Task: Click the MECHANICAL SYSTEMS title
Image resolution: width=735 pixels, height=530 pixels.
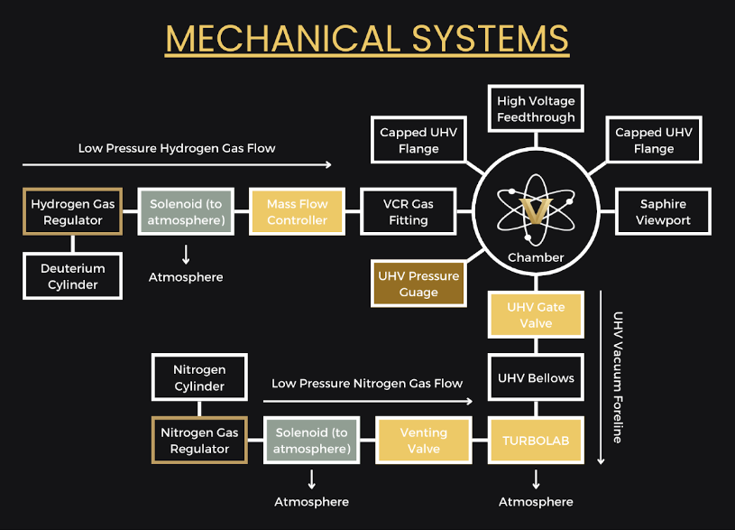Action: (x=367, y=39)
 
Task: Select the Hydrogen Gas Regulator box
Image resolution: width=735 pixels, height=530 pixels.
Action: (x=73, y=212)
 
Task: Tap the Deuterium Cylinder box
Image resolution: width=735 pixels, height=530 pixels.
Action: (x=73, y=276)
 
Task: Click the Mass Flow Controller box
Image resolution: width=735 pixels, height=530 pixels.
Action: (x=297, y=212)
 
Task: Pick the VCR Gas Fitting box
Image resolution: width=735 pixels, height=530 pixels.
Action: (x=408, y=212)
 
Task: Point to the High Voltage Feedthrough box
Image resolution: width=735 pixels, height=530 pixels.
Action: (x=536, y=109)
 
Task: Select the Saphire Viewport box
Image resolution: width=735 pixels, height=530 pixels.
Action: (x=662, y=212)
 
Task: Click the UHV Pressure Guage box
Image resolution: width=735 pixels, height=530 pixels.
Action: (x=418, y=284)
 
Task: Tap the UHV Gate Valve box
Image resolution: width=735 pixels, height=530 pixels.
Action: (x=536, y=315)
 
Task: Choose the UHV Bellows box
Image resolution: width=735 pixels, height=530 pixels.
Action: (x=536, y=378)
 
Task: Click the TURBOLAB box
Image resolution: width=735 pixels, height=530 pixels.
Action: (x=536, y=441)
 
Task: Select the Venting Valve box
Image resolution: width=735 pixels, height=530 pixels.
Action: (x=423, y=441)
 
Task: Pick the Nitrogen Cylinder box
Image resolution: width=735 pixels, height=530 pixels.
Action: (x=199, y=378)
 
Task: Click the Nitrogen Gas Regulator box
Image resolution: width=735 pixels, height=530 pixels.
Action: (x=199, y=441)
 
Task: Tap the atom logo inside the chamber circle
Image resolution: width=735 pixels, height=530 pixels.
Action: (x=536, y=208)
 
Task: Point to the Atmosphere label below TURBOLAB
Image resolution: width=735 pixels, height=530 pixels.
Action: (x=536, y=501)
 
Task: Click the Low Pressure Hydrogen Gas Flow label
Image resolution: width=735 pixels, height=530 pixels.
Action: (x=177, y=148)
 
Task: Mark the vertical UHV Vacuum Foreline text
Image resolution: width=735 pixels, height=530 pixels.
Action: (x=618, y=377)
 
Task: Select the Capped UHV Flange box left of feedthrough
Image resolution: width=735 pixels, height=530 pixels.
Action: (x=418, y=141)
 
